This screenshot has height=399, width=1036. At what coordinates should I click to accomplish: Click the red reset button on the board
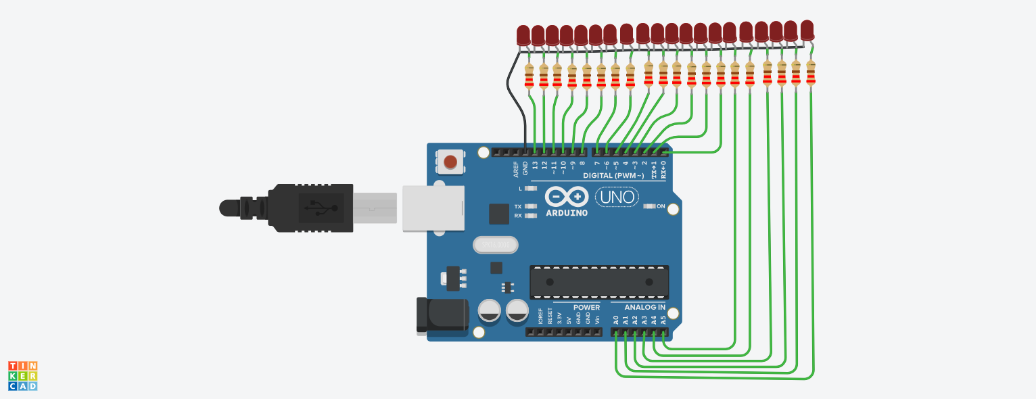tap(450, 162)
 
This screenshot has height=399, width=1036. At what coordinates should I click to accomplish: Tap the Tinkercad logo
tap(22, 375)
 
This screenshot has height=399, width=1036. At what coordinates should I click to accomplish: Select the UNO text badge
tap(617, 197)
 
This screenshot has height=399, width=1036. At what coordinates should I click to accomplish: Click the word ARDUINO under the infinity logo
tap(566, 212)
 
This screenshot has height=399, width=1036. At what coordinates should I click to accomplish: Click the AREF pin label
tap(516, 168)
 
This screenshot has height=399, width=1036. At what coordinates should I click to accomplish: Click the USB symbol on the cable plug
tap(317, 208)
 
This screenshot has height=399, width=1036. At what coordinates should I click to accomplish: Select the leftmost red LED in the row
tap(523, 35)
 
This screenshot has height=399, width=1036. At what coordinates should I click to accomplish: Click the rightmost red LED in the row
tap(807, 30)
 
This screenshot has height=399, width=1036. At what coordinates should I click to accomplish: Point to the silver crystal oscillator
tap(496, 244)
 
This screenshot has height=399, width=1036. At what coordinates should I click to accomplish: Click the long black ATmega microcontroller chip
tap(599, 282)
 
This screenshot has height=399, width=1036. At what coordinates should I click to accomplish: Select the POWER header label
tap(586, 307)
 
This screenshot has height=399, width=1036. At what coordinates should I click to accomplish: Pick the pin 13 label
tap(535, 164)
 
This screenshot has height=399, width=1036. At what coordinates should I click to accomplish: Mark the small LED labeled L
tap(531, 188)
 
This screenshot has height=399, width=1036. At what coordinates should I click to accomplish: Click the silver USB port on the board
tap(433, 208)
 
